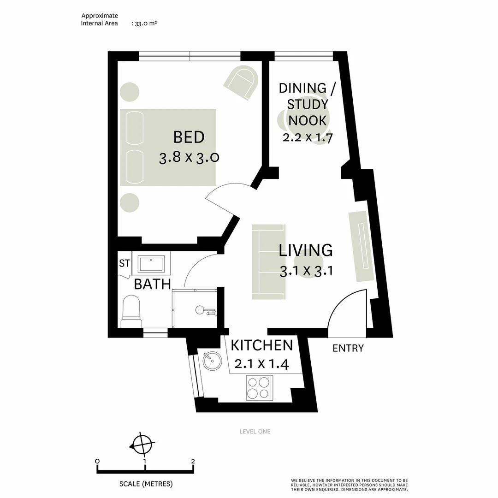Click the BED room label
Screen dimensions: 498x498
point(189,137)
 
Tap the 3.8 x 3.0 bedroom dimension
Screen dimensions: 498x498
point(189,158)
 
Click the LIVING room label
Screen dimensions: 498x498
point(306,250)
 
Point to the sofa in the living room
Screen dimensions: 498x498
point(268,262)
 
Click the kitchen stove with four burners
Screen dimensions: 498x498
point(259,387)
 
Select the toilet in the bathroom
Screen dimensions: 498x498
point(131,312)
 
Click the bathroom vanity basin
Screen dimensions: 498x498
point(151,264)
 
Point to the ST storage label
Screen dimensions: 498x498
point(125,264)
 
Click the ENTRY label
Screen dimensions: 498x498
point(348,349)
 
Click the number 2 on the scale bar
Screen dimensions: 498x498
point(193,461)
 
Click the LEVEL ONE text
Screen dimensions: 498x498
point(255,432)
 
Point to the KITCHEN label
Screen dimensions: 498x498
point(261,345)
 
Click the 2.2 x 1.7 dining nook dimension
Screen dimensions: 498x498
point(308,137)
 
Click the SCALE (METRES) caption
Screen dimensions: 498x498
point(146,484)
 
